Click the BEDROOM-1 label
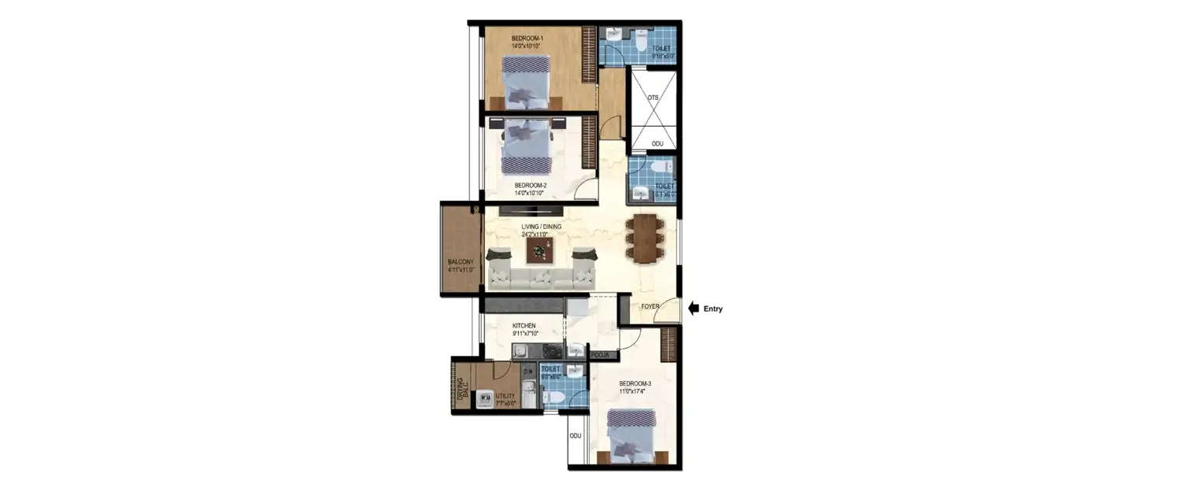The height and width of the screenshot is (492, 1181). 527,39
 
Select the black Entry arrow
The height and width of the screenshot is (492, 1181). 694,309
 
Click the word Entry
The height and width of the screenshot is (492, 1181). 713,309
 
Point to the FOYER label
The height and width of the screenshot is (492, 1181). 650,307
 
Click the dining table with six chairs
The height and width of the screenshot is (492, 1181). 646,239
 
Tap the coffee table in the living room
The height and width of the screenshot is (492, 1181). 539,251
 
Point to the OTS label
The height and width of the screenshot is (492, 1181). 653,97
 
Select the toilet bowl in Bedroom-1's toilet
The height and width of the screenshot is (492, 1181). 642,39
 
